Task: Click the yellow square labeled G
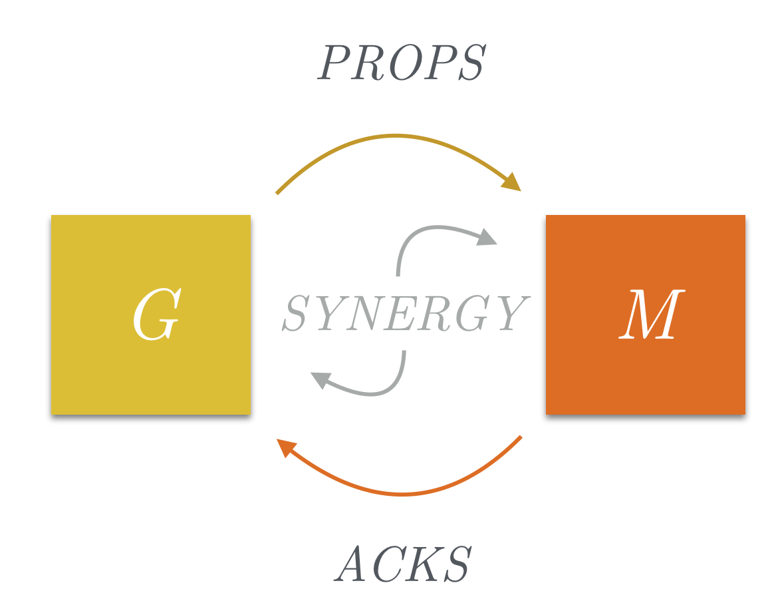pos(151,315)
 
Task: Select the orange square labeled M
pos(645,315)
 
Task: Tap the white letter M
pos(648,317)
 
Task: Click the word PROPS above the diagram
pos(402,64)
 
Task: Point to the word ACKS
pos(404,564)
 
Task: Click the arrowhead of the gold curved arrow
pos(512,182)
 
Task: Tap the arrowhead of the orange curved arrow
pos(286,447)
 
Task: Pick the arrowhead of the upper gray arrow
pos(488,237)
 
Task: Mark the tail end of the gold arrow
pos(277,193)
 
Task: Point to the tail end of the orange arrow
pos(521,437)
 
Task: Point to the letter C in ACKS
pos(389,564)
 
